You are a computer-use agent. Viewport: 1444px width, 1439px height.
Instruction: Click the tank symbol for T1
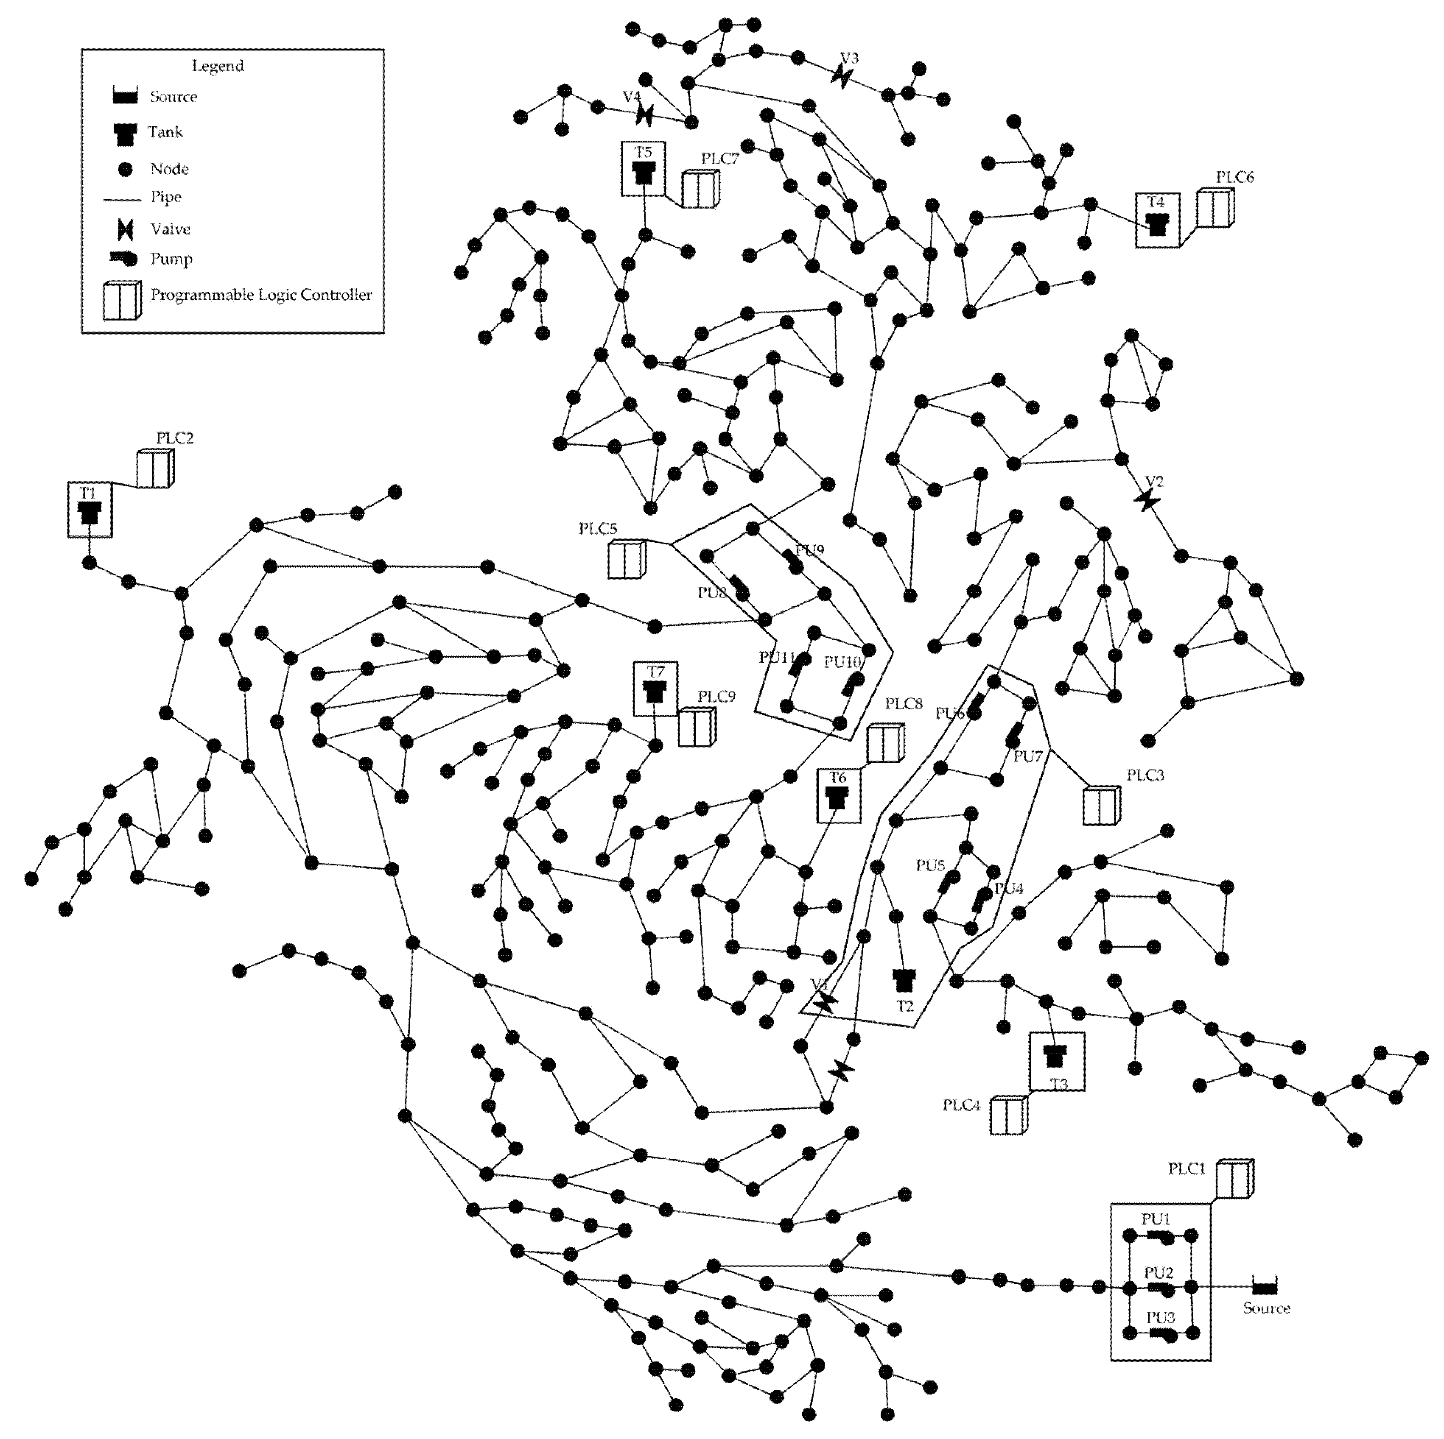(90, 513)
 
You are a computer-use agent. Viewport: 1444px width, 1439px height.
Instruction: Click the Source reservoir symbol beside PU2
(1265, 1287)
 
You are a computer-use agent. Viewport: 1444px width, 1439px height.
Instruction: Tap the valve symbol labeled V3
(842, 75)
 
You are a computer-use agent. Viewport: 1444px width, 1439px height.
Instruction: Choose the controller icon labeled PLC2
(155, 469)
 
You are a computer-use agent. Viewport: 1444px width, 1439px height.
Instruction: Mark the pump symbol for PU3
(1163, 1334)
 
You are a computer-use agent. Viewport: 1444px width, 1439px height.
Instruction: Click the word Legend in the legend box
(218, 66)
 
